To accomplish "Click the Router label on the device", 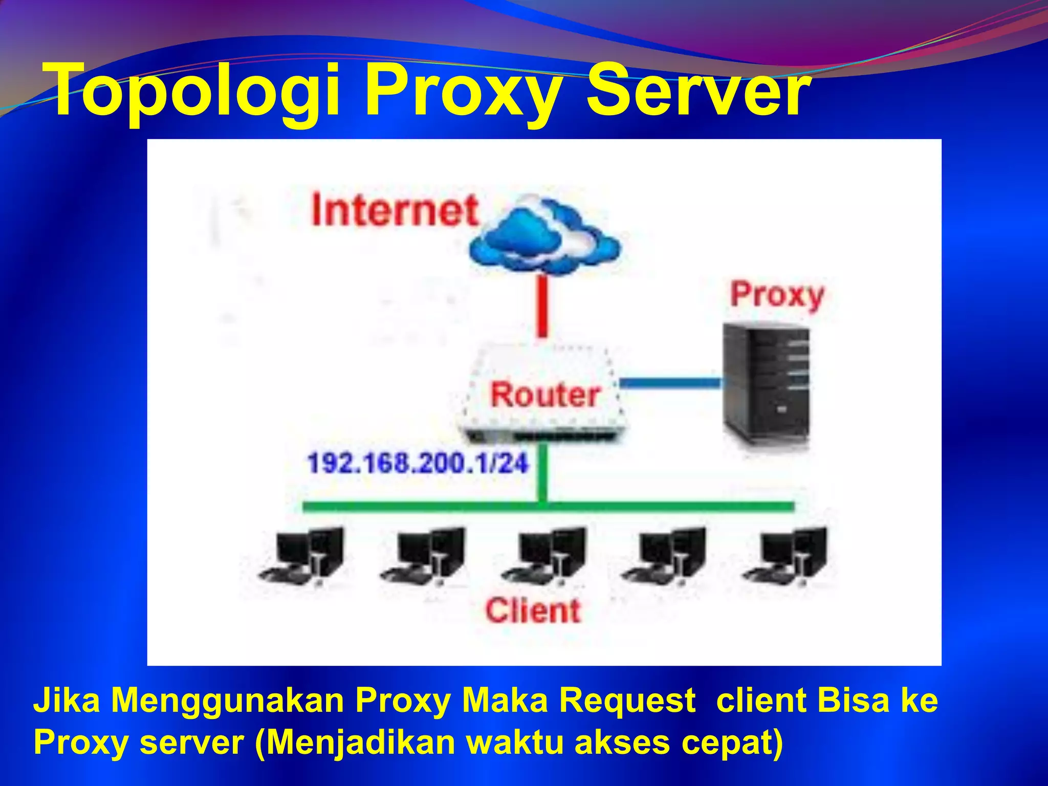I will pyautogui.click(x=545, y=395).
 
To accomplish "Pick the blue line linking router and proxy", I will pyautogui.click(x=670, y=383).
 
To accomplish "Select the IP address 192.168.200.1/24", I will pyautogui.click(x=417, y=463).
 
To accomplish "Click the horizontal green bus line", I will pyautogui.click(x=548, y=507).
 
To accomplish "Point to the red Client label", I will pyautogui.click(x=533, y=610).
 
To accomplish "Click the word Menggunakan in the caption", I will pyautogui.click(x=227, y=701).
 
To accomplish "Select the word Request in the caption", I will pyautogui.click(x=626, y=701).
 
